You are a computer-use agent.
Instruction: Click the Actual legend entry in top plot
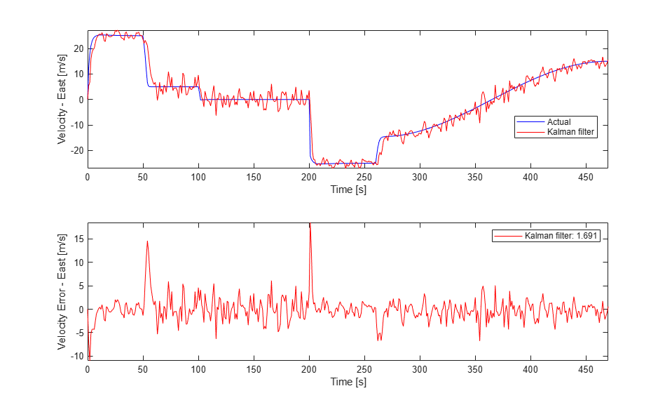[x=558, y=122]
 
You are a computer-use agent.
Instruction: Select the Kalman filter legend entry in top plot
[x=568, y=131]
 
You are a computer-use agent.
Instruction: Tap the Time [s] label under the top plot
[x=348, y=190]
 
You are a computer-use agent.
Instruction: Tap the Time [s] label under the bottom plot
[x=348, y=383]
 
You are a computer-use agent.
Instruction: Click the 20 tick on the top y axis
[x=79, y=48]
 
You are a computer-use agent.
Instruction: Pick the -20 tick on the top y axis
[x=77, y=150]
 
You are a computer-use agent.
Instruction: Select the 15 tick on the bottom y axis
[x=79, y=239]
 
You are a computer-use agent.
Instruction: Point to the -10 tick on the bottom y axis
[x=77, y=356]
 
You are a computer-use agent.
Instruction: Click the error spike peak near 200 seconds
[x=310, y=225]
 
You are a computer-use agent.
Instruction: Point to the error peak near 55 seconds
[x=147, y=241]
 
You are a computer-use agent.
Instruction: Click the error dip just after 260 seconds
[x=379, y=340]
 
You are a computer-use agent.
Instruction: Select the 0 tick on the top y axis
[x=81, y=100]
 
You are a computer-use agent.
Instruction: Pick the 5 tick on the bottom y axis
[x=81, y=286]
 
